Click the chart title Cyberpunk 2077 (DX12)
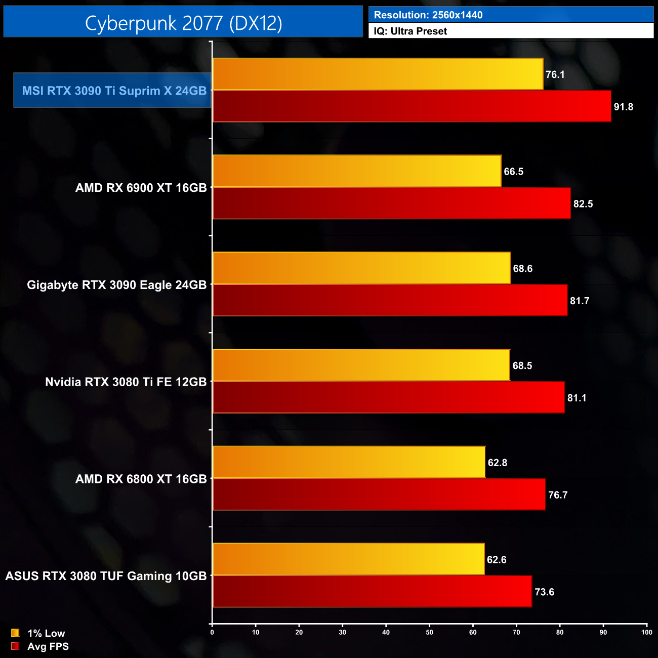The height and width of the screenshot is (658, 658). [x=183, y=23]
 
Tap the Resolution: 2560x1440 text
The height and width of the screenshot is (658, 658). [x=428, y=15]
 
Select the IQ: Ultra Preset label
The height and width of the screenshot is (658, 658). [x=410, y=31]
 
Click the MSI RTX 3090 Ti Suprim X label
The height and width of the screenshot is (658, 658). [x=114, y=91]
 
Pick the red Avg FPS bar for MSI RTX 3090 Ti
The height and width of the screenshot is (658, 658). [x=412, y=106]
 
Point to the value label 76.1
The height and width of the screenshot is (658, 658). [x=555, y=74]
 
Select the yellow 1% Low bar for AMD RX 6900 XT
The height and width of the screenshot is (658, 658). [x=357, y=171]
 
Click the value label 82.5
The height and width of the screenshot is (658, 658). [x=583, y=204]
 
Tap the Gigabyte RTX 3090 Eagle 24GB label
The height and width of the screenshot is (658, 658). [x=116, y=285]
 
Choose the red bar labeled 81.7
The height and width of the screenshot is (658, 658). [x=390, y=300]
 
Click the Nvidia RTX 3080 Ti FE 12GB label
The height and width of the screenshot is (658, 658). [x=126, y=382]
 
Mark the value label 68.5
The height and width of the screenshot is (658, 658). [x=522, y=365]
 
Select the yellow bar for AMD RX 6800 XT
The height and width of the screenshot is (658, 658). [x=349, y=462]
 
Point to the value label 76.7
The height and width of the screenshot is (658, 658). [x=557, y=495]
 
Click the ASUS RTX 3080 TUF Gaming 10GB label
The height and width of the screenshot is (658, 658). [x=106, y=576]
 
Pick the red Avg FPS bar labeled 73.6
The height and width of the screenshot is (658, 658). [x=372, y=591]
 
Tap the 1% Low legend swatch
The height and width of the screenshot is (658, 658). [x=15, y=633]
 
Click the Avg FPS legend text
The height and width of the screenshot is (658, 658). [x=48, y=646]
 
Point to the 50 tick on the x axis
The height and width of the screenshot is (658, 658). [x=429, y=632]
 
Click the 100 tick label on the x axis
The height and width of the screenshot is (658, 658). [x=646, y=632]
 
